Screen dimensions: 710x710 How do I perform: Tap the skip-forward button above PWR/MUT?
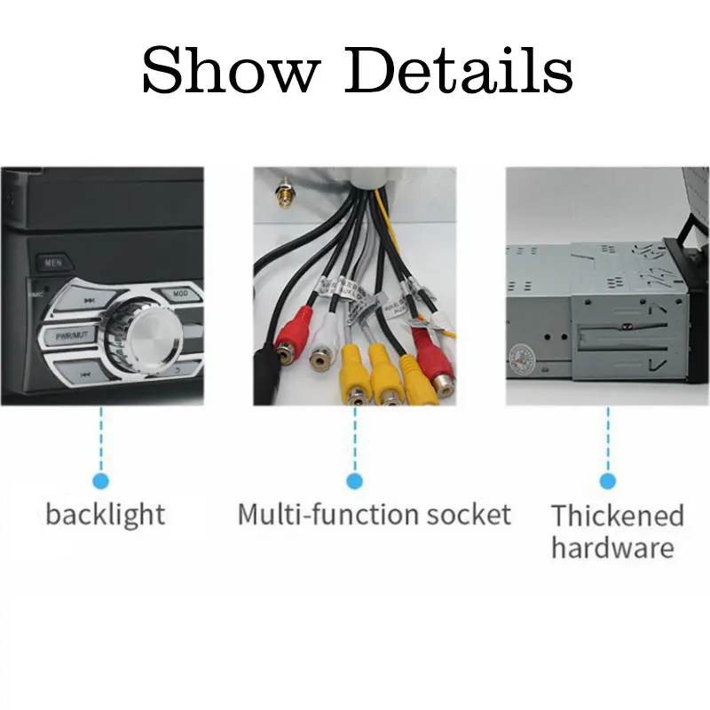89,301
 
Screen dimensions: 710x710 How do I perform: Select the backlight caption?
105,514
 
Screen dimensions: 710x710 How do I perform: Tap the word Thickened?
617,516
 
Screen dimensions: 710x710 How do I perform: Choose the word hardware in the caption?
612,547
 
